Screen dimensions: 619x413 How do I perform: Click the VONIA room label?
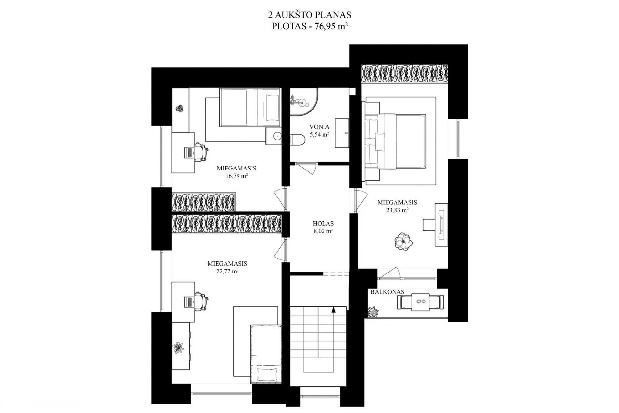[319, 127]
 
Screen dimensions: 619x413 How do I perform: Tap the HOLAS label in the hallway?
[323, 224]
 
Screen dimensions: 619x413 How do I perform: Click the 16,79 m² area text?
[237, 176]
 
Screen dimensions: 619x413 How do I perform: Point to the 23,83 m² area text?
[397, 210]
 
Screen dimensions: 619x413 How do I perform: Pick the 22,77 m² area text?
[227, 271]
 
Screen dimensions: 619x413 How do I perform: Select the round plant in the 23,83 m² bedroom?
[404, 242]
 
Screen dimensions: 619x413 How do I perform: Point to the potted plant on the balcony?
[373, 312]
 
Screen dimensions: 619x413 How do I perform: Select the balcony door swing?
[390, 273]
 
